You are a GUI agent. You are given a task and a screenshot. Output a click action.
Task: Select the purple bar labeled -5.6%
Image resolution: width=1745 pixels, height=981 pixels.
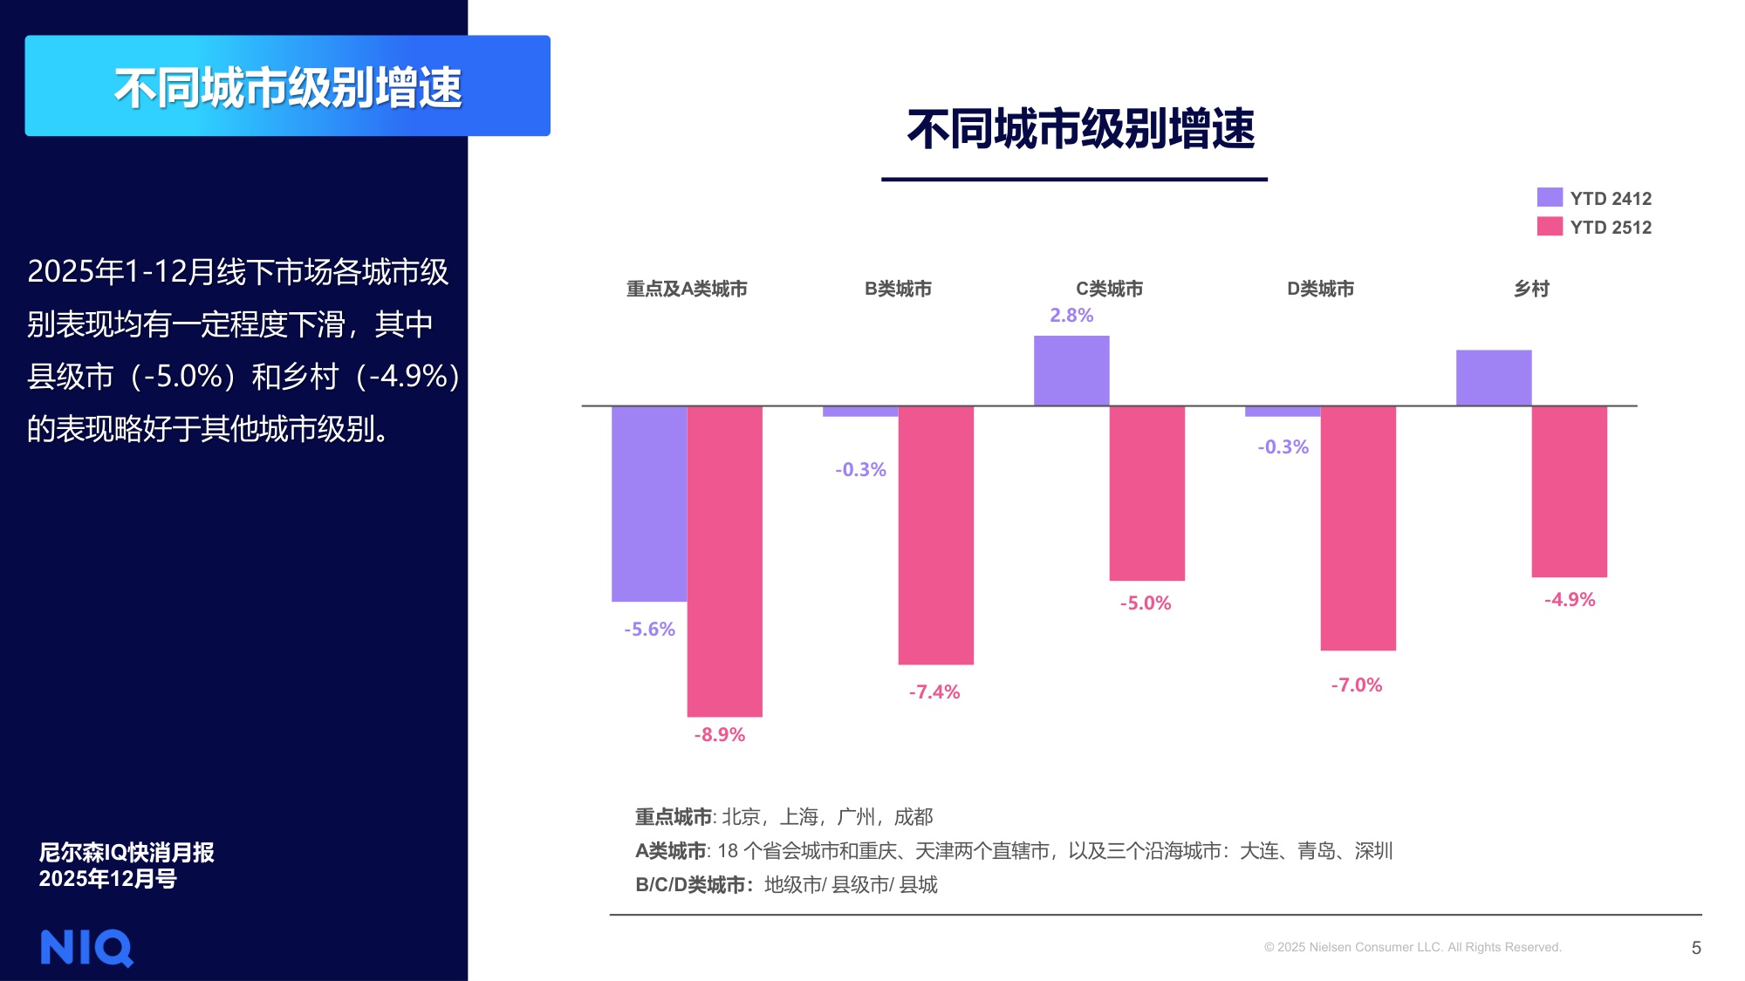(x=649, y=503)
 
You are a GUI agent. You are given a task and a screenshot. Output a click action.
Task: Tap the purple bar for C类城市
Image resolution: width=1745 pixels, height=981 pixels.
(x=1071, y=371)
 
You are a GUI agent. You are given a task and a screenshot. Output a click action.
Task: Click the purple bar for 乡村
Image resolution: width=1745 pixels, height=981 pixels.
(x=1494, y=378)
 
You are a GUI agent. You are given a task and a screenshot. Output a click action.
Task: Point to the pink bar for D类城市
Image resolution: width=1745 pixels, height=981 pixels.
(x=1358, y=528)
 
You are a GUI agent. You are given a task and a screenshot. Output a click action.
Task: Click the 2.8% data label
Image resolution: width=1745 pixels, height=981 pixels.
(x=1071, y=316)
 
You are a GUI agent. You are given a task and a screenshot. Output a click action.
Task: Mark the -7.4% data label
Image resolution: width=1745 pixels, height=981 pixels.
(x=934, y=692)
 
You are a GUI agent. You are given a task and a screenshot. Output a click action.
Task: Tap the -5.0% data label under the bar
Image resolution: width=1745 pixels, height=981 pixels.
(x=1146, y=603)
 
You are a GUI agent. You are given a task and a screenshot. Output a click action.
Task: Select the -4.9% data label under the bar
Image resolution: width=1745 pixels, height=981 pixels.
(x=1570, y=600)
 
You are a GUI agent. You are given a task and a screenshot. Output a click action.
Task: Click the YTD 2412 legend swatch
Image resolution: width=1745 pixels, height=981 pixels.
(x=1550, y=197)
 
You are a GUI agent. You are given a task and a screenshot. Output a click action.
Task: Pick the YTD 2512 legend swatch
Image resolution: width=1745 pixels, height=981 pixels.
(x=1550, y=227)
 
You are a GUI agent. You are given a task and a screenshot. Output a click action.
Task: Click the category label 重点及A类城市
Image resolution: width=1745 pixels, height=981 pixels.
(x=687, y=289)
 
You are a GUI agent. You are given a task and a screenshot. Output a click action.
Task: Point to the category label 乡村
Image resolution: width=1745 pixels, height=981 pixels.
(x=1531, y=289)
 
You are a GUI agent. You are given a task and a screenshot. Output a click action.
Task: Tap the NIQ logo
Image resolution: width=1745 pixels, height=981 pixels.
(x=86, y=948)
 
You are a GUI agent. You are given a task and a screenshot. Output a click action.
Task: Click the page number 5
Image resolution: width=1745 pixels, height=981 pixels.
(x=1696, y=948)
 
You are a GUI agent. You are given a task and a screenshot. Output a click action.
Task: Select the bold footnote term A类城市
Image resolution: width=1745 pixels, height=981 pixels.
(x=671, y=851)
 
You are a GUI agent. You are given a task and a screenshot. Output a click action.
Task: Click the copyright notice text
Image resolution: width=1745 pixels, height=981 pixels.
(x=1413, y=948)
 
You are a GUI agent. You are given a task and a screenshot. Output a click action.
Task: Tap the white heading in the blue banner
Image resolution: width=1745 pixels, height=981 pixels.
(x=288, y=87)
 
